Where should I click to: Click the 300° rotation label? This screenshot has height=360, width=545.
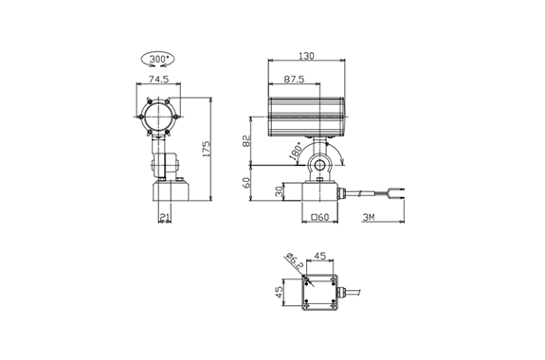(159, 59)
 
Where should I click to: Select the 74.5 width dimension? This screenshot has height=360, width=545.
(158, 80)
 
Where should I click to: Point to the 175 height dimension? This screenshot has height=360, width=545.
(207, 149)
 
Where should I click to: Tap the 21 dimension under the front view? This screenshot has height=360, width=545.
(164, 217)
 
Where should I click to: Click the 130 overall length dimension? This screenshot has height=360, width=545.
(306, 56)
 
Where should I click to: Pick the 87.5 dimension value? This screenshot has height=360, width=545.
(294, 80)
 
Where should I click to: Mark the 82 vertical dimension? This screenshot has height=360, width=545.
(246, 141)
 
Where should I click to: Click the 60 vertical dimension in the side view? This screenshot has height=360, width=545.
(246, 183)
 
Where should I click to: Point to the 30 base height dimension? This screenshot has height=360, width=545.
(280, 191)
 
